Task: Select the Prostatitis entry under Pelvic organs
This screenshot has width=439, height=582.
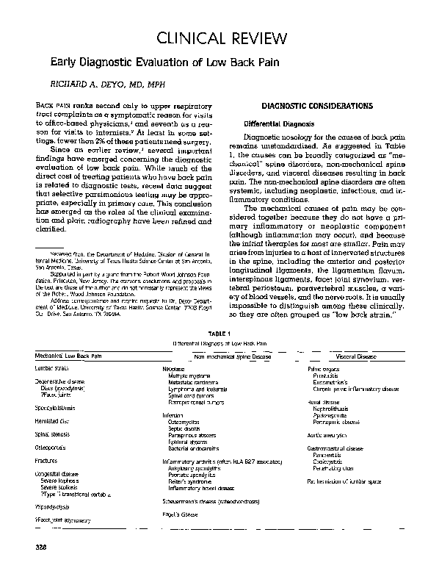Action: point(326,375)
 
